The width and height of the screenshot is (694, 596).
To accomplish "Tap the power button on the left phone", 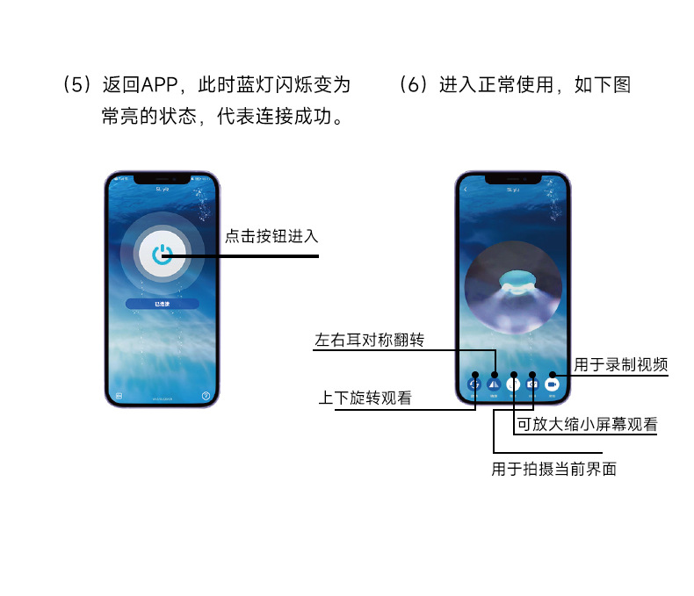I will coord(162,255).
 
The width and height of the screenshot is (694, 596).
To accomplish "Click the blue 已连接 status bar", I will coord(163,303).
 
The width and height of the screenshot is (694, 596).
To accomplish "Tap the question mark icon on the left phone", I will coord(206,396).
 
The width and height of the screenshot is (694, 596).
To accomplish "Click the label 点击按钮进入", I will coord(271,236).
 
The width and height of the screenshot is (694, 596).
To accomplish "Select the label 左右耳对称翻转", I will coord(369,340).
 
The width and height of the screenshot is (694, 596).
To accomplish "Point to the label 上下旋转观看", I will coord(365,398).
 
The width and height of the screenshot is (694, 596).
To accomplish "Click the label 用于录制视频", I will coord(621,364).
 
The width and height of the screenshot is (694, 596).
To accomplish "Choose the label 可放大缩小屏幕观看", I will coord(587,424).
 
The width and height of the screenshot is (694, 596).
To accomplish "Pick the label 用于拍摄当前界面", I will coord(553,469).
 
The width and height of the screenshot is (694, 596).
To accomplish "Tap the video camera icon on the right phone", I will coord(553,384).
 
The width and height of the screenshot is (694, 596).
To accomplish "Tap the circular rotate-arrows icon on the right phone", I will coord(474,384).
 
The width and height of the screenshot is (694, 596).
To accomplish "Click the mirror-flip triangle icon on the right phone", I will coord(494,384).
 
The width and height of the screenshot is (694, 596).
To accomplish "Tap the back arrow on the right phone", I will coord(465,189).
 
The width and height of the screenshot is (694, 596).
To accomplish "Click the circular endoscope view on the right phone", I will coord(513,289).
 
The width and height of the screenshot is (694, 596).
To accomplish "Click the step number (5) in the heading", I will coord(77,85).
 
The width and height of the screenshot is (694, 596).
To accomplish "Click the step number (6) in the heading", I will coord(412,85).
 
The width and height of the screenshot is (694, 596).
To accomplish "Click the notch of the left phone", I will coord(163,178).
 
